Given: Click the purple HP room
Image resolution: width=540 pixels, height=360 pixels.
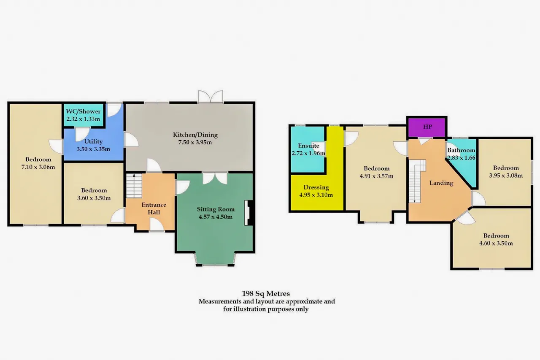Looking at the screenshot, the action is [427, 127].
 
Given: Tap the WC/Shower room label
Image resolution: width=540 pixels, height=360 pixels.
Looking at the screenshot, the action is [83, 111].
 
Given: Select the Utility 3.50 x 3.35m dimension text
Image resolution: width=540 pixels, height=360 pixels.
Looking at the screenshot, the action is [94, 149].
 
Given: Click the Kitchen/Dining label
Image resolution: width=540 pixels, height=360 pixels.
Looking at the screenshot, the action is [195, 135].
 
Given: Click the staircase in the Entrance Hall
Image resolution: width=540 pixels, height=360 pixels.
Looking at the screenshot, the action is [134, 186].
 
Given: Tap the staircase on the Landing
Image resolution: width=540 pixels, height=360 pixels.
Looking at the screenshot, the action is [416, 181].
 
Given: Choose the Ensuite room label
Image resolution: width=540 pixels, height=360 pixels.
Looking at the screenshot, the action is [308, 146].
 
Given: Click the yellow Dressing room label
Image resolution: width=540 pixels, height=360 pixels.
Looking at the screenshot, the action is [316, 187].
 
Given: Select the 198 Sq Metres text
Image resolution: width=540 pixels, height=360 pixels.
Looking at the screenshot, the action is [266, 293].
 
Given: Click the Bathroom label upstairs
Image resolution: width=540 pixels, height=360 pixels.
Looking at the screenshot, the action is [461, 150].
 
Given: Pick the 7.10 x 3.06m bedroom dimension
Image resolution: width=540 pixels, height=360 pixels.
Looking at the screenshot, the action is [38, 167].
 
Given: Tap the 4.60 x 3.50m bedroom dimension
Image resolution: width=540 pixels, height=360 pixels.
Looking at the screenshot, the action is [496, 243].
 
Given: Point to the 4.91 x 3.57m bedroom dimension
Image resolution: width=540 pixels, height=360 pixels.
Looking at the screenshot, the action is [377, 176].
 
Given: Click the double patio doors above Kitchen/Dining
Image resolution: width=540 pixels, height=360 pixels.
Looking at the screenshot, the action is [211, 97].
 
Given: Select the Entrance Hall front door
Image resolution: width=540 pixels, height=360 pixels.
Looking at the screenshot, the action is [157, 225].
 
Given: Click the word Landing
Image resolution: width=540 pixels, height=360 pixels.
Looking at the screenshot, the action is [441, 183].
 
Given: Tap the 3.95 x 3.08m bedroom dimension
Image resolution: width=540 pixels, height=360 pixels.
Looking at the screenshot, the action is [506, 176].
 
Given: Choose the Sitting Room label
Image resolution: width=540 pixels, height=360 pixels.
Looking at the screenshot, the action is [216, 209].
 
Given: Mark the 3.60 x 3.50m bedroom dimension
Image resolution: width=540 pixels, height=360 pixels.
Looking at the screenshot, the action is [94, 198].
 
